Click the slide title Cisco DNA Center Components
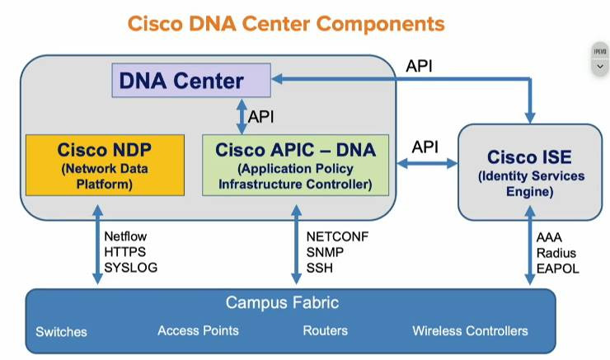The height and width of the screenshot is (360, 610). pos(286,22)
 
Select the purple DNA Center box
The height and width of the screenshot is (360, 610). pos(191,81)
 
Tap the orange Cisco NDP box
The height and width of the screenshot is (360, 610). pos(105,165)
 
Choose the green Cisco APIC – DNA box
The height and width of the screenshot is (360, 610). pos(295,165)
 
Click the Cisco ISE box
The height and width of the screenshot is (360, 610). pos(529,173)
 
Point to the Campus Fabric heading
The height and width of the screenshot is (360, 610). pos(283,303)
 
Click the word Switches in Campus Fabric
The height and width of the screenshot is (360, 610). pos(61,332)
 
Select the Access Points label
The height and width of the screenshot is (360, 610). pos(198,330)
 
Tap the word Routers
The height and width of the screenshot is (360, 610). pos(326,330)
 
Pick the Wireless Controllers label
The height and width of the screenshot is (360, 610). pos(470,330)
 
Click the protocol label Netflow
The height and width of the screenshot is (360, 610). pos(124,236)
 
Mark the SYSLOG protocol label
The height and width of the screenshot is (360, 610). pos(130,268)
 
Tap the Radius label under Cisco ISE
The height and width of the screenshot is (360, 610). pos(556,252)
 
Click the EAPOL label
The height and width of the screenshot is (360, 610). pos(558,268)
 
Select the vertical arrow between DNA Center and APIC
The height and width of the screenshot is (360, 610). pos(242,116)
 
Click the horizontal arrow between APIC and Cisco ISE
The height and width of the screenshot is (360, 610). pos(427,163)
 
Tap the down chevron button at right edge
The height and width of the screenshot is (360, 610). pos(600,66)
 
